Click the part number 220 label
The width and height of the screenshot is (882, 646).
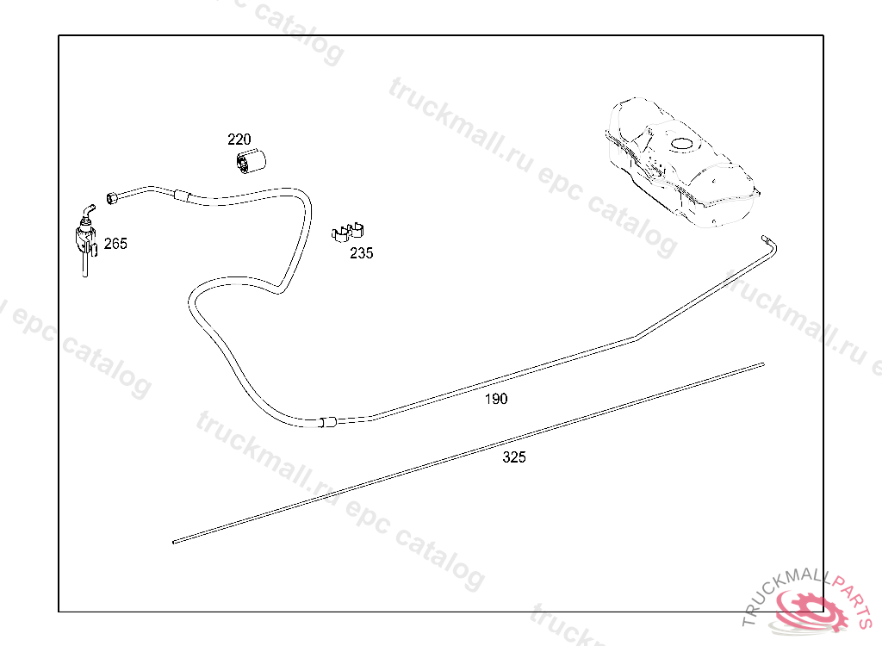239,140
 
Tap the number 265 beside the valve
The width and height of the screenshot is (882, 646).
115,244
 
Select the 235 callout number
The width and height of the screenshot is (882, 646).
361,253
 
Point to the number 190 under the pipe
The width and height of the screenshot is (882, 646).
496,399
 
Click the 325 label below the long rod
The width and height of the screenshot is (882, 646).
514,457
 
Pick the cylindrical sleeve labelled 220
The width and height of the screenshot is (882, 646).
252,160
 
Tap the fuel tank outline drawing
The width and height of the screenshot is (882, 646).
680,164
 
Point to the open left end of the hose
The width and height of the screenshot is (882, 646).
111,198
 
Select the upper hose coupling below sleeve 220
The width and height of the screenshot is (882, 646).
181,195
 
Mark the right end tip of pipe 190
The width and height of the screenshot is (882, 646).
765,235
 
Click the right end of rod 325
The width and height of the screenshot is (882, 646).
761,364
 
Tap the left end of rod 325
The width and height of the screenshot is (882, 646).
176,542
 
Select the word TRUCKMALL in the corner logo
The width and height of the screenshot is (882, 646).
780,595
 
